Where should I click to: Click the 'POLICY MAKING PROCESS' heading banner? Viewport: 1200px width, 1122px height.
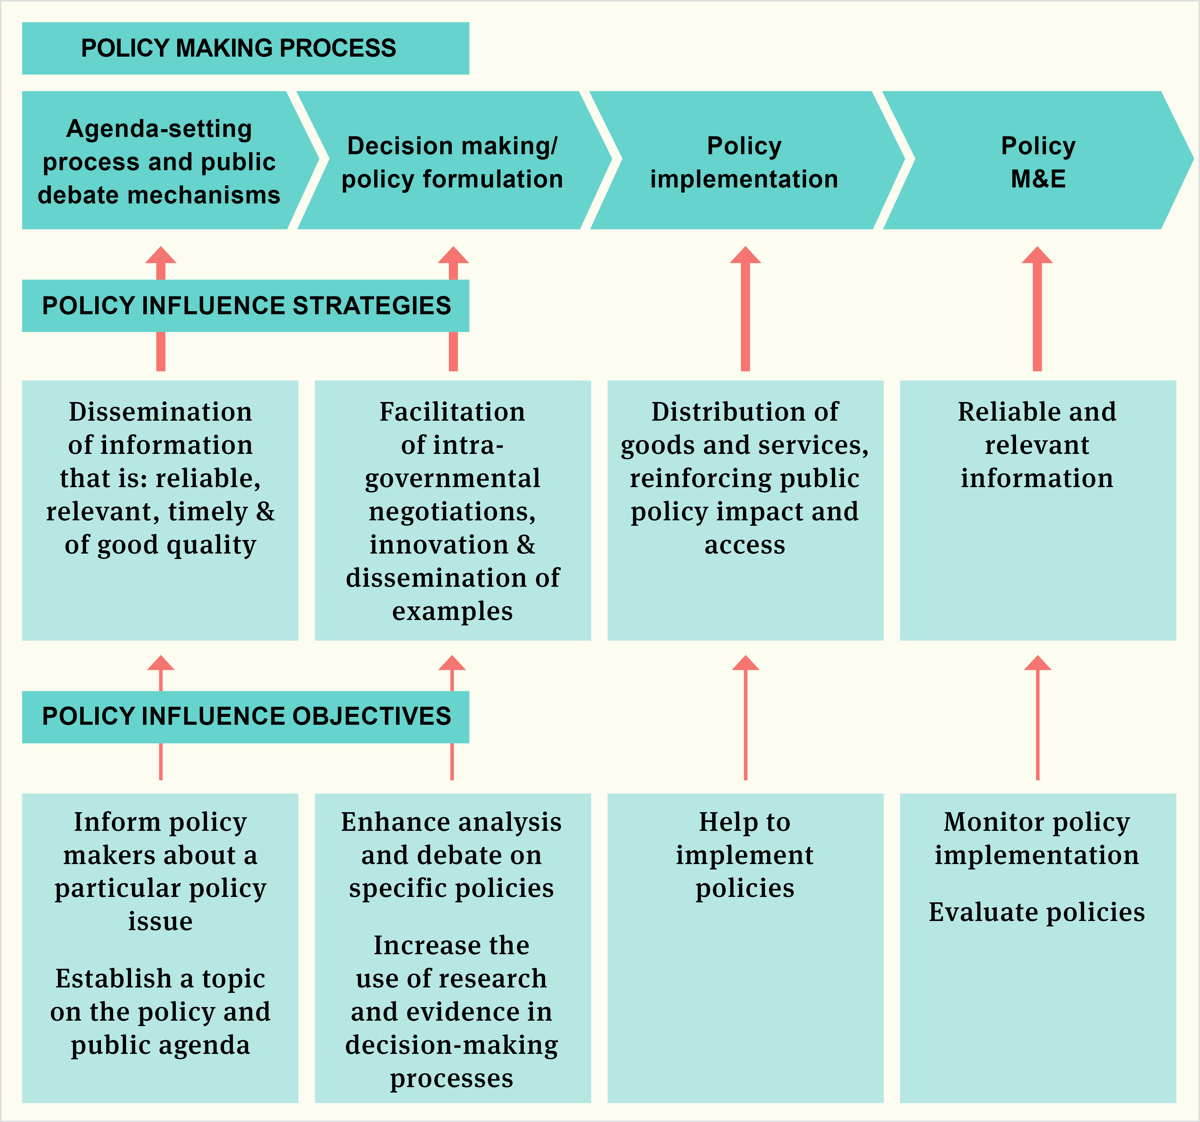(x=245, y=48)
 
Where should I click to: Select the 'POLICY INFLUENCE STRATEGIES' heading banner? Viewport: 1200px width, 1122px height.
(x=245, y=305)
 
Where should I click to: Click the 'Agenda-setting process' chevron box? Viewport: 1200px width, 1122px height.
(x=159, y=161)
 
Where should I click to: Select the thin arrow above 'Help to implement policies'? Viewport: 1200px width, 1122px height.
(x=745, y=719)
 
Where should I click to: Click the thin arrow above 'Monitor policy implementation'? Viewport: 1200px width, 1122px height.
(x=1038, y=719)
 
